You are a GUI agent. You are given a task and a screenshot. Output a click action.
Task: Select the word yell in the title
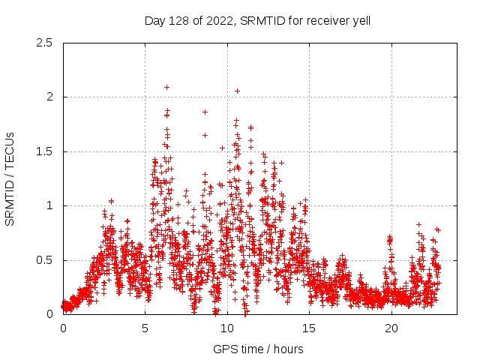pyautogui.click(x=360, y=21)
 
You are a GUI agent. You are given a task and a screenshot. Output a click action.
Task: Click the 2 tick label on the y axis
pyautogui.click(x=49, y=97)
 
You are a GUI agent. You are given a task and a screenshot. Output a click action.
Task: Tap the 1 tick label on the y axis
pyautogui.click(x=49, y=205)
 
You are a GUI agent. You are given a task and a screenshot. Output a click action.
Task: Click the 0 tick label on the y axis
pyautogui.click(x=49, y=314)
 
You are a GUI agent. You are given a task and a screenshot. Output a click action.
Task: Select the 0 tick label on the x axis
pyautogui.click(x=63, y=328)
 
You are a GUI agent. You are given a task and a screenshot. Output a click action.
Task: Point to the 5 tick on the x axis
pyautogui.click(x=145, y=328)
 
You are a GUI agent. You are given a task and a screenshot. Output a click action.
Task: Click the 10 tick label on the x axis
pyautogui.click(x=227, y=328)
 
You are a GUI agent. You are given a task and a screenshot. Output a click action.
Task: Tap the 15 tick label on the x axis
pyautogui.click(x=309, y=328)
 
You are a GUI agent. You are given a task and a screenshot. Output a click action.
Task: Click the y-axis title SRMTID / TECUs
pyautogui.click(x=10, y=178)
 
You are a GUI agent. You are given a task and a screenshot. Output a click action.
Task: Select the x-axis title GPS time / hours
pyautogui.click(x=258, y=349)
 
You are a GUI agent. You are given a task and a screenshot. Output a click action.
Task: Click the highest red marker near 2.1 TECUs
pyautogui.click(x=166, y=87)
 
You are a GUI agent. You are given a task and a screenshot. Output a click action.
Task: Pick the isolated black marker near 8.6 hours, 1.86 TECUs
pyautogui.click(x=205, y=112)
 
